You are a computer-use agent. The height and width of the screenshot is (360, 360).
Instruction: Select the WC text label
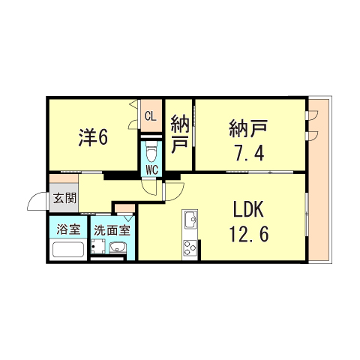tap(151, 169)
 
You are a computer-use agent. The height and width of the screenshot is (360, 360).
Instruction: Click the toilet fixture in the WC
tap(151, 152)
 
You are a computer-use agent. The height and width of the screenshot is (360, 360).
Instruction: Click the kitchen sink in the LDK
tap(188, 221)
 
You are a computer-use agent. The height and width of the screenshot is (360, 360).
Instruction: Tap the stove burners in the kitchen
tap(187, 248)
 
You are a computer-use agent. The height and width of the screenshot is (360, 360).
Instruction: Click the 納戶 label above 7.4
tap(248, 128)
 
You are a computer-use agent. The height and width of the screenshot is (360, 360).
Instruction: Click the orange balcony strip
tap(319, 180)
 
